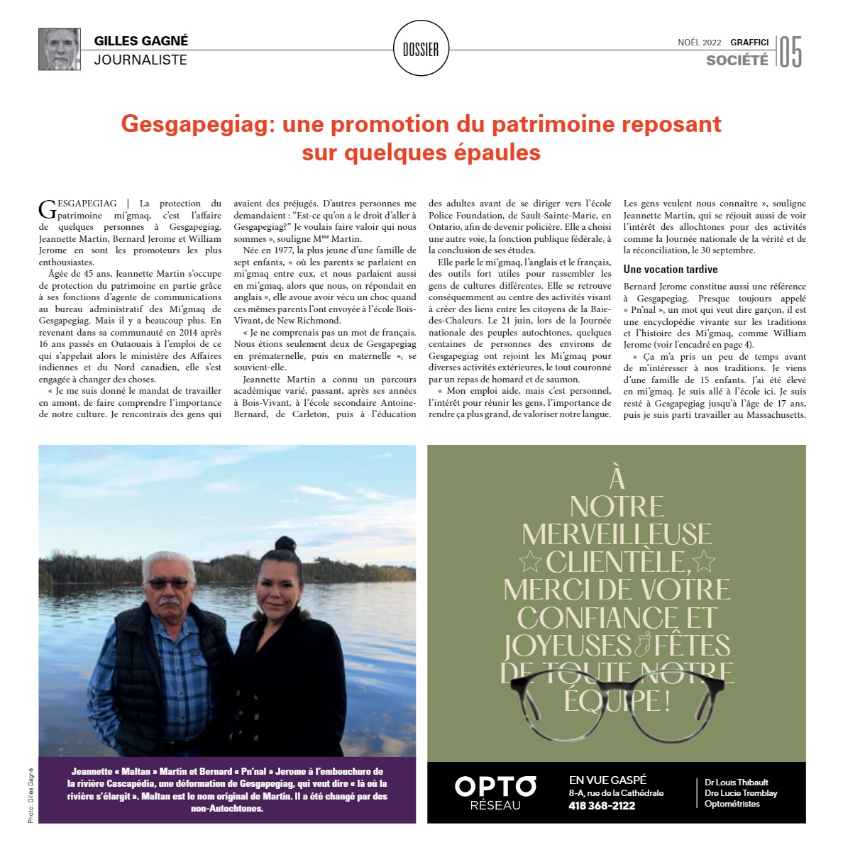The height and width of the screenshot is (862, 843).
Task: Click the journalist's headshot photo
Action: coord(60,49)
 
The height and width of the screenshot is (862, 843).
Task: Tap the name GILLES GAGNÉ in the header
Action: coord(141,40)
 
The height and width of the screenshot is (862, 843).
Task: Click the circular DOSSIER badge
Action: coord(421,49)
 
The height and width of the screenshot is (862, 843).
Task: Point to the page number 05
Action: coord(790,53)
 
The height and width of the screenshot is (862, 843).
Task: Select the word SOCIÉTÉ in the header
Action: coord(737,60)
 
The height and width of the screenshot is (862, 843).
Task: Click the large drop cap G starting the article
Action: coord(47,209)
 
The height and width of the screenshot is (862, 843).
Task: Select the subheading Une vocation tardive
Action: coord(670,270)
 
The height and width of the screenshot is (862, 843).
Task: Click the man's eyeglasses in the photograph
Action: coord(168,584)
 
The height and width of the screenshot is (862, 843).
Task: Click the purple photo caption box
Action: coord(227,790)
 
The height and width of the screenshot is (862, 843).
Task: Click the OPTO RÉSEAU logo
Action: coord(495,792)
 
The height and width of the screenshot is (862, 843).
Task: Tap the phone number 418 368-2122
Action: coord(602,805)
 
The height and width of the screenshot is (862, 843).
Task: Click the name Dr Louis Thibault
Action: coord(736,782)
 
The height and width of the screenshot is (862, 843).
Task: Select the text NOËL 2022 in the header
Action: coord(699,43)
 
